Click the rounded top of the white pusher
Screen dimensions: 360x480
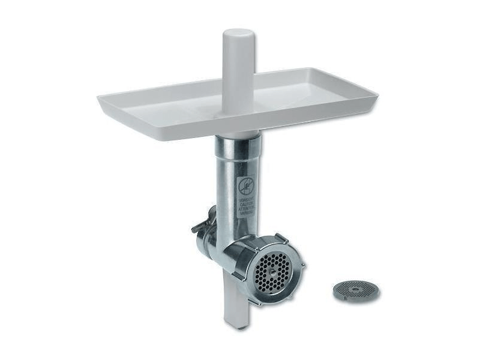239,34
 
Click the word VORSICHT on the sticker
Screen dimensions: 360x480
247,200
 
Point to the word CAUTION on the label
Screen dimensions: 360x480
247,204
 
